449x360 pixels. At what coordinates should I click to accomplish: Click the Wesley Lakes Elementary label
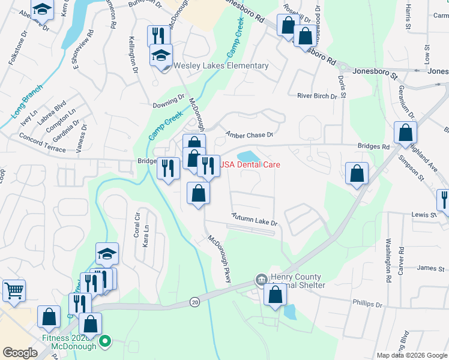click(221, 66)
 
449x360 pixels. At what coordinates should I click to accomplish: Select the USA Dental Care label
click(251, 164)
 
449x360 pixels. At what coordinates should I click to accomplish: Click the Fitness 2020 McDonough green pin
click(105, 343)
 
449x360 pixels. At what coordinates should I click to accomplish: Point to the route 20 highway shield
click(194, 302)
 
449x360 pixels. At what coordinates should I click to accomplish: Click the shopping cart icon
click(14, 292)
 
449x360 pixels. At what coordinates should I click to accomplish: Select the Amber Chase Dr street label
click(249, 134)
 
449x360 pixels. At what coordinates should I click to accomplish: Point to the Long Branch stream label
click(26, 101)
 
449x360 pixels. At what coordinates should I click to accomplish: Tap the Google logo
click(20, 353)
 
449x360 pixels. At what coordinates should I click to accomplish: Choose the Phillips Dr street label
click(367, 304)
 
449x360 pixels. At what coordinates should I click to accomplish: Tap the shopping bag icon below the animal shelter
click(275, 296)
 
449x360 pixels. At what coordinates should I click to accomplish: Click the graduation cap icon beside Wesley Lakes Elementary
click(161, 56)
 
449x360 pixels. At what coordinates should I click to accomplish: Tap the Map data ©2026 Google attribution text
click(412, 355)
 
